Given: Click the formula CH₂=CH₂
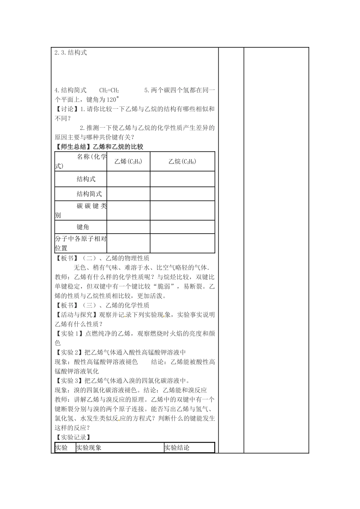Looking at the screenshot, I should (109, 91).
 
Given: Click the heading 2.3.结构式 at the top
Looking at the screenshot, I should (71, 53).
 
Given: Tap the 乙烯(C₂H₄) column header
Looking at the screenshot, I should (128, 162).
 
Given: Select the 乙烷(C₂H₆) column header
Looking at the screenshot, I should (182, 162).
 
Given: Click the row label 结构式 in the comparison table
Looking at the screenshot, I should (86, 179).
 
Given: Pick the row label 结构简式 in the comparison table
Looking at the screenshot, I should (89, 194).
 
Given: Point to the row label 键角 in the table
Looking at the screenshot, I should (83, 227).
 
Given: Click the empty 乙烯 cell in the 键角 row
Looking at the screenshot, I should (128, 227).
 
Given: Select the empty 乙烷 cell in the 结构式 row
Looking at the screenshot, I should (182, 179).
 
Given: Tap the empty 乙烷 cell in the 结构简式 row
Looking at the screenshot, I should (182, 194).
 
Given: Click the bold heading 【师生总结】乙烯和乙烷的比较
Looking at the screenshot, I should (99, 147).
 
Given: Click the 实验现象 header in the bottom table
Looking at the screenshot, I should (89, 448).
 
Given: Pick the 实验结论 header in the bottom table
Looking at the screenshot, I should (177, 448).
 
